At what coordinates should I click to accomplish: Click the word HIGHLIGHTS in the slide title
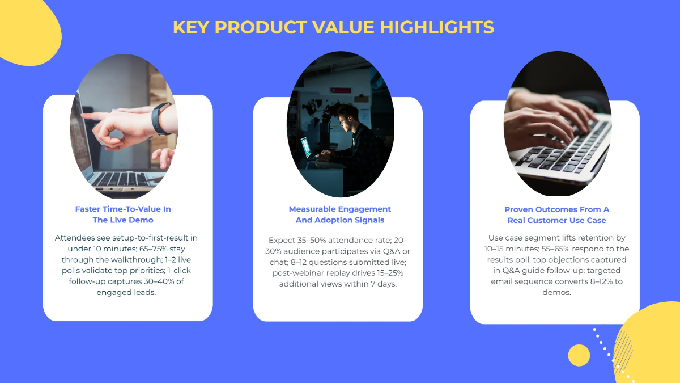[x=437, y=27]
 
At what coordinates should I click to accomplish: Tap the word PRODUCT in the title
[x=261, y=27]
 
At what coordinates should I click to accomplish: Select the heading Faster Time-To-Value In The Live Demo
[x=123, y=214]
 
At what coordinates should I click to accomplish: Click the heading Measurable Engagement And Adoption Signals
[x=340, y=214]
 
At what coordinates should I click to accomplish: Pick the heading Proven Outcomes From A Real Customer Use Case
[x=556, y=215]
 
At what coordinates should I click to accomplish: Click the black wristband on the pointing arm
[x=161, y=119]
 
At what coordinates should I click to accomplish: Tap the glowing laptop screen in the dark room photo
[x=306, y=148]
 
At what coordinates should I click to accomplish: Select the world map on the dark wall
[x=318, y=110]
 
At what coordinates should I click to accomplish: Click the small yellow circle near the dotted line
[x=579, y=355]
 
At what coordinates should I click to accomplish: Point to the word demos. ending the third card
[x=556, y=292]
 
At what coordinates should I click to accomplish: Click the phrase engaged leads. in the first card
[x=126, y=292]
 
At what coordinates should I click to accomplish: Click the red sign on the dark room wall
[x=341, y=90]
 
